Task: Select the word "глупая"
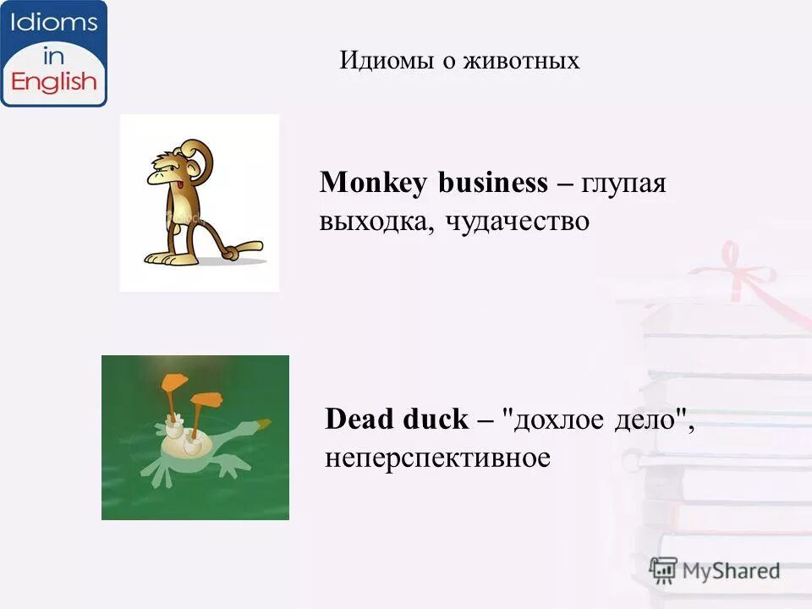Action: pos(623,184)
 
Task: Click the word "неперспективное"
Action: pos(437,458)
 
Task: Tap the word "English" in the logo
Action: pos(54,82)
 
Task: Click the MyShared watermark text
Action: pos(731,570)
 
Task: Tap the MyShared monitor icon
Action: pos(664,570)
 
